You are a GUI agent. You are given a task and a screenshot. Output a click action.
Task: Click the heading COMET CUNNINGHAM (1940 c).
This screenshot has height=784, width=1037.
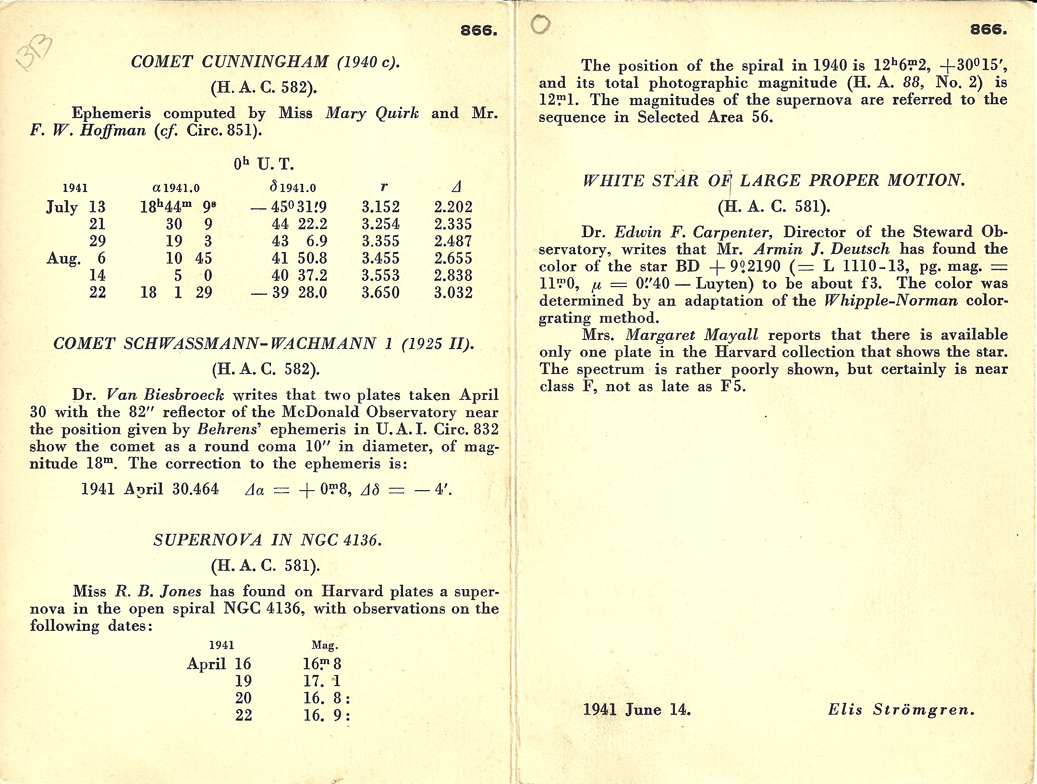(265, 62)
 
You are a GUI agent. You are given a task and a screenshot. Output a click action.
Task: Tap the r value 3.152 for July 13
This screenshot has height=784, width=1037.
(380, 207)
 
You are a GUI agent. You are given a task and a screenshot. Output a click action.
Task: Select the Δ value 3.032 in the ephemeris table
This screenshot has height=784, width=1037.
(453, 292)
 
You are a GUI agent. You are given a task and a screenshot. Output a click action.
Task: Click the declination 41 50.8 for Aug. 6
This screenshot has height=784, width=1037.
(299, 258)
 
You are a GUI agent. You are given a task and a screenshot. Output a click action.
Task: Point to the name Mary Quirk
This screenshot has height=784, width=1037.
(372, 113)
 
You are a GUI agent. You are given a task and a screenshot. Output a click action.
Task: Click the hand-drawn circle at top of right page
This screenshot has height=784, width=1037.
(541, 24)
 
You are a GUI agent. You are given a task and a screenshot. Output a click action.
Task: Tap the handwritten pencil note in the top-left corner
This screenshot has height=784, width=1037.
(34, 57)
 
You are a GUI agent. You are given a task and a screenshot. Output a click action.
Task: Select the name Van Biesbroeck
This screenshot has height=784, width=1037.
(165, 395)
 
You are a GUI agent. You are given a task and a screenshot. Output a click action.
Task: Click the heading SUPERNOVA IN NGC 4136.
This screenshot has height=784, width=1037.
(268, 541)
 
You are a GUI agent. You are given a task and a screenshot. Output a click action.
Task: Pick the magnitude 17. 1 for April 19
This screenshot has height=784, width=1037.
(322, 681)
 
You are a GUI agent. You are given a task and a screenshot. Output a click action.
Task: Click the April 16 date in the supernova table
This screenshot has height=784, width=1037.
(219, 664)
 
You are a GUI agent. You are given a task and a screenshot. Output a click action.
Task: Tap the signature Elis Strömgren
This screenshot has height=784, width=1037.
(901, 710)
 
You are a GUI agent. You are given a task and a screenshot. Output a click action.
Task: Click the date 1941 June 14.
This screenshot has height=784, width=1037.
(637, 710)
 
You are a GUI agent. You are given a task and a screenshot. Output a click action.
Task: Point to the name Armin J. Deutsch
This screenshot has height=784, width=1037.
(821, 249)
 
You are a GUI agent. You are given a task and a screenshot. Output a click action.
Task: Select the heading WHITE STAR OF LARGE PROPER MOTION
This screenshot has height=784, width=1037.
(773, 181)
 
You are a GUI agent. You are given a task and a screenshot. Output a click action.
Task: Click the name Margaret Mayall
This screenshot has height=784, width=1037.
(692, 335)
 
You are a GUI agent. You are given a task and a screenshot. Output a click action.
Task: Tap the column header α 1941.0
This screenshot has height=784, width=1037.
(176, 188)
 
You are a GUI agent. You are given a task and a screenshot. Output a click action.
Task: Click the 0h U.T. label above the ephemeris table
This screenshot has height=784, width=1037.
(264, 164)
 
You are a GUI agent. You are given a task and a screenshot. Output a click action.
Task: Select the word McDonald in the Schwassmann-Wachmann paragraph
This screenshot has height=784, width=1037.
(320, 412)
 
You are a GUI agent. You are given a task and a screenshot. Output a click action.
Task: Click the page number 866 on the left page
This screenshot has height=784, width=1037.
(478, 31)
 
